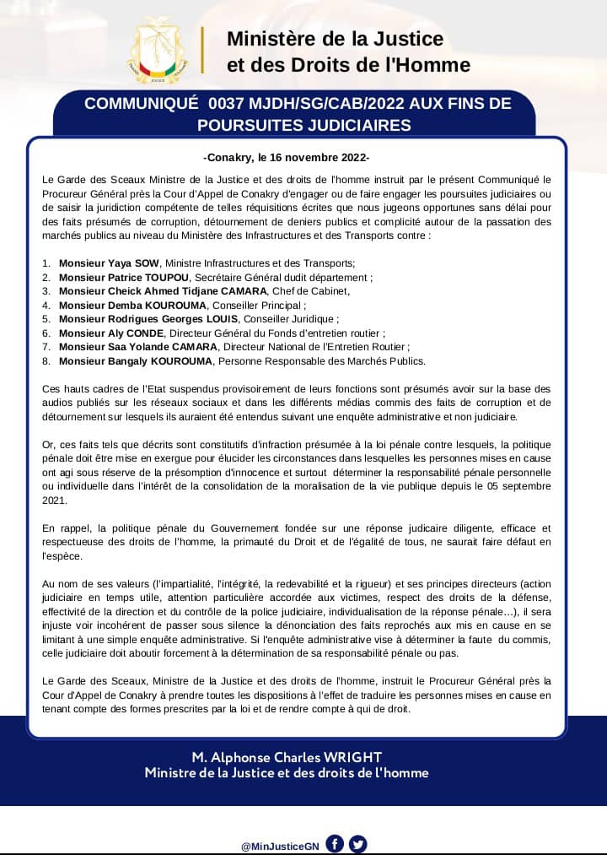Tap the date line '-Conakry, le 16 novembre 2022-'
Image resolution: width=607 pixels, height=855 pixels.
[x=287, y=157]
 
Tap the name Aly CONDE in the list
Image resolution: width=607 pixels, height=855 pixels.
[x=147, y=333]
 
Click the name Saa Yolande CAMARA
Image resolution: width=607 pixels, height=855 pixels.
[x=164, y=347]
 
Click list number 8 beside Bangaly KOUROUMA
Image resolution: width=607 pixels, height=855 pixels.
[x=46, y=361]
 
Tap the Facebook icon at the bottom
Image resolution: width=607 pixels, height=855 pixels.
[x=335, y=844]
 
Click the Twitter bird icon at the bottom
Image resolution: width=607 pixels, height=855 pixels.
[x=358, y=844]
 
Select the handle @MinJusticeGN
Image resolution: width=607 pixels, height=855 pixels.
[x=279, y=845]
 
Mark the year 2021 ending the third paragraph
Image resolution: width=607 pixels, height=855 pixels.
[x=55, y=501]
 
